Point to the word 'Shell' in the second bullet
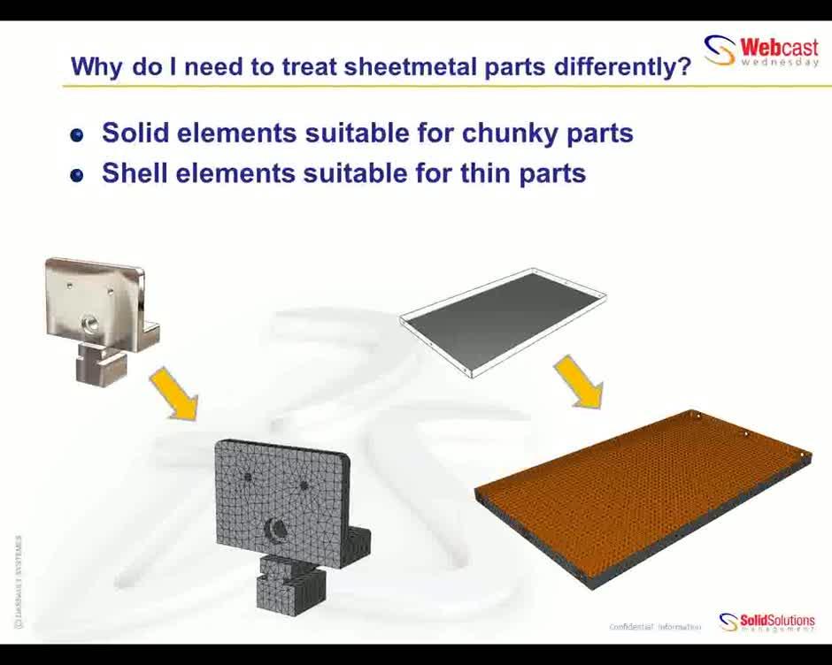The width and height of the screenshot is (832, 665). pyautogui.click(x=135, y=172)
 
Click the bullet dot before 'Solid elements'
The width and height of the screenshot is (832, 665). pyautogui.click(x=77, y=135)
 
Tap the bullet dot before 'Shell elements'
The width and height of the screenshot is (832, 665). pyautogui.click(x=77, y=175)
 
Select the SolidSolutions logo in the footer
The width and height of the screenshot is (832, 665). pyautogui.click(x=767, y=622)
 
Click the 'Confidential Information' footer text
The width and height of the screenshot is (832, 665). pyautogui.click(x=655, y=627)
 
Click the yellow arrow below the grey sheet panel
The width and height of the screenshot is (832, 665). pyautogui.click(x=578, y=382)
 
